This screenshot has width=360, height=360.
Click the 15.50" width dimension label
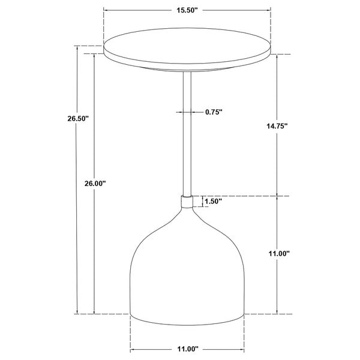(x=187, y=10)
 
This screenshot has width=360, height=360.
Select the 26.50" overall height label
(x=78, y=118)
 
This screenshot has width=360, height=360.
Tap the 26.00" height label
(x=95, y=184)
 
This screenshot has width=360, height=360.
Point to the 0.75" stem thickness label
(x=214, y=112)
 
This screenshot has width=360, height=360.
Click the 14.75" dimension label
(x=277, y=126)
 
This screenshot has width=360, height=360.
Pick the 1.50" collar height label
(x=213, y=202)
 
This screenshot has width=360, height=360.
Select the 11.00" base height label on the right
(x=279, y=254)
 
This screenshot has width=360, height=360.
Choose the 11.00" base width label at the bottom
(x=187, y=349)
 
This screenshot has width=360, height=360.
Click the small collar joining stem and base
(x=187, y=202)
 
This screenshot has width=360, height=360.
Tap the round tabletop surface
(x=187, y=46)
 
